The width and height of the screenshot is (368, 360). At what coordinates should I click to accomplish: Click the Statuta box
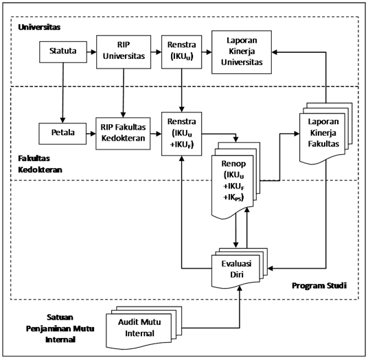[63, 52]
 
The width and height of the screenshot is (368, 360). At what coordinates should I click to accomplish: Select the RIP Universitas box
[124, 52]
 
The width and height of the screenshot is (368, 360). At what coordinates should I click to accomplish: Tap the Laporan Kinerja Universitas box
[242, 52]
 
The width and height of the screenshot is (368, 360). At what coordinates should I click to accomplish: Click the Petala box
[62, 134]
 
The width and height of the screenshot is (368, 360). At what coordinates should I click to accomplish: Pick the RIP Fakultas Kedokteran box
[123, 134]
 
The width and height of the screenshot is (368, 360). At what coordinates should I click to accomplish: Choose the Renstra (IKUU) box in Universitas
[182, 52]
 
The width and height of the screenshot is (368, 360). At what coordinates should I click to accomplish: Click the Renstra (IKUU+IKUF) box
[182, 134]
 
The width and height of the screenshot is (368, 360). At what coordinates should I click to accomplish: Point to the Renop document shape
[235, 180]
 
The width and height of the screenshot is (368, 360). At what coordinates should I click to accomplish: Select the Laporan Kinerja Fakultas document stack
[325, 134]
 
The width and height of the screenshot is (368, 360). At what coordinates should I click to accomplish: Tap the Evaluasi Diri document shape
[240, 269]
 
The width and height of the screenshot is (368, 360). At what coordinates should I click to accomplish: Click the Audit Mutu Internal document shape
[144, 328]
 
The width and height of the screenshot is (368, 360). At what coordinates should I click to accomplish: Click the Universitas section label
[39, 27]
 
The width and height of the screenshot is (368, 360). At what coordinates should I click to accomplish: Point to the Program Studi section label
[319, 286]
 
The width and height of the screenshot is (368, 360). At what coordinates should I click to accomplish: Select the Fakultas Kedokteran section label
[40, 164]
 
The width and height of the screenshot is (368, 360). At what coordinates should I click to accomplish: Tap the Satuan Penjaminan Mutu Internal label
[60, 328]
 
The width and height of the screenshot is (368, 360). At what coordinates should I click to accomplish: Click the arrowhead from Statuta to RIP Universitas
[93, 52]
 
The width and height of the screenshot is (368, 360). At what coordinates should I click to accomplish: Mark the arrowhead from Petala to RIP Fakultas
[93, 134]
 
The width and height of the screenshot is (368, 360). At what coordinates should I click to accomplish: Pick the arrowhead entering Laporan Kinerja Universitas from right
[275, 52]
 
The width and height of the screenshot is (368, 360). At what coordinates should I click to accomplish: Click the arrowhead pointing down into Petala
[62, 120]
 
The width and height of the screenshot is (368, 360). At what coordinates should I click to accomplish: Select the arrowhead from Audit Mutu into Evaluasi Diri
[240, 289]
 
